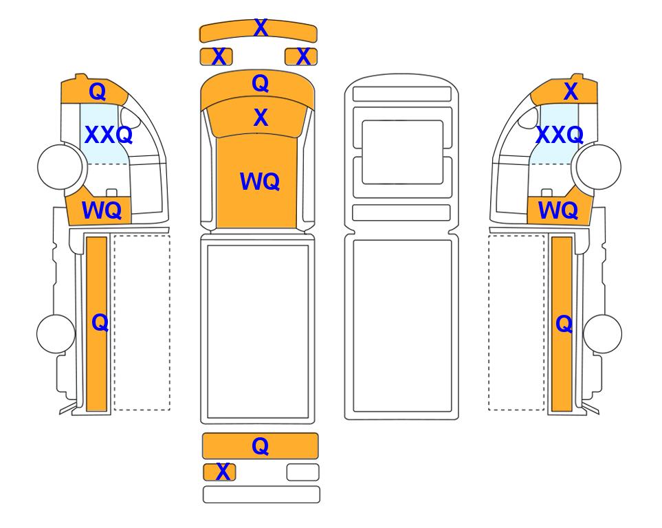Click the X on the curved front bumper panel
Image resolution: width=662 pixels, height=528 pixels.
(x=261, y=28)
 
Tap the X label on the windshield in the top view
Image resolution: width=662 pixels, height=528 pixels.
(x=261, y=118)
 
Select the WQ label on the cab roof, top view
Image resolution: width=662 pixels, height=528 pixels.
(x=260, y=181)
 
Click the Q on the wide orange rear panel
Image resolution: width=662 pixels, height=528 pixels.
(x=260, y=446)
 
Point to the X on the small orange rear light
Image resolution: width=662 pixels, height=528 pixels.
(x=223, y=472)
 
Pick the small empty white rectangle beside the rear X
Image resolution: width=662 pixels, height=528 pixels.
(x=302, y=472)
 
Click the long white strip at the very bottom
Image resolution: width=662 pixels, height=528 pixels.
(x=261, y=494)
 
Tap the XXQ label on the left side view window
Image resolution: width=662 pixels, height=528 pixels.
(x=109, y=135)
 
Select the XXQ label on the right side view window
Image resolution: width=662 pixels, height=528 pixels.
(x=560, y=135)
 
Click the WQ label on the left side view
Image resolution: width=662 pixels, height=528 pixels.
(x=102, y=210)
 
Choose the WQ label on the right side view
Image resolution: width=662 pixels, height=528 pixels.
(x=558, y=210)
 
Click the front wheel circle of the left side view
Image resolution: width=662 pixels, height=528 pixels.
(x=60, y=166)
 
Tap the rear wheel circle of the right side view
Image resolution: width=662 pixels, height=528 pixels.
(x=602, y=333)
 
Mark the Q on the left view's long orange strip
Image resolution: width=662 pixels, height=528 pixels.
(x=100, y=323)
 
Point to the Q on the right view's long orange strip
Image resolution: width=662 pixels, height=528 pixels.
(x=564, y=324)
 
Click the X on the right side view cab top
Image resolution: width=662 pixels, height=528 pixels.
(x=571, y=91)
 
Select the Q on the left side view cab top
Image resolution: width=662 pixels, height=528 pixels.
(x=98, y=91)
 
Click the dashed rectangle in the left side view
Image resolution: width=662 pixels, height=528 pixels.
(x=142, y=322)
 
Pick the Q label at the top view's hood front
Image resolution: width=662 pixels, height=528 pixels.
(x=260, y=84)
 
